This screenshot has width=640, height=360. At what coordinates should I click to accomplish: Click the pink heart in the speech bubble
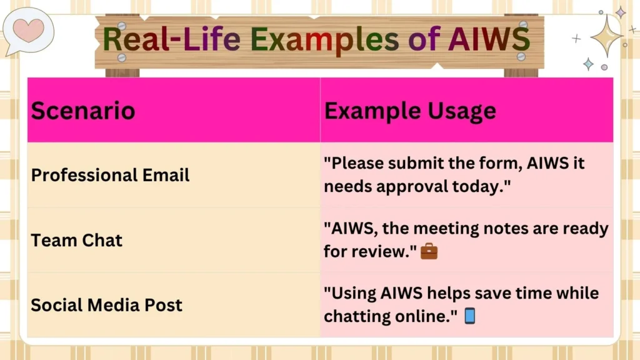29,29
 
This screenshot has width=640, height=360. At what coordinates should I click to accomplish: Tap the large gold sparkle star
606,36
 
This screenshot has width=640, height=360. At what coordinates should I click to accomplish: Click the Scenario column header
83,111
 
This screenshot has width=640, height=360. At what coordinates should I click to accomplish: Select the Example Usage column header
410,111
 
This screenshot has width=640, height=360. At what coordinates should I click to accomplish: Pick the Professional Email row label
110,175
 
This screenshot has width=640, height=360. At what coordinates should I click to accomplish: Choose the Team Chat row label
77,240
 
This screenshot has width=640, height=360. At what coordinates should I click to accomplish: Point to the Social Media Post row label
106,305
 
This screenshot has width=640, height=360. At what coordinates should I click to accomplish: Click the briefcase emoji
429,252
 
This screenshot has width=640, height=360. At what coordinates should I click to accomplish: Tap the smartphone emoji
470,317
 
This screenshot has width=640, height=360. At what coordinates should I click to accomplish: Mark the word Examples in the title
324,39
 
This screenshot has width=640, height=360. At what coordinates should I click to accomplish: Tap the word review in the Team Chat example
382,251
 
